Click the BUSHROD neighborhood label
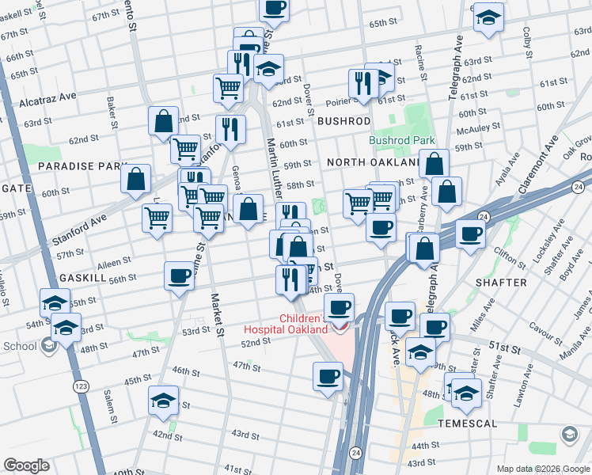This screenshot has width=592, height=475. point(343,121)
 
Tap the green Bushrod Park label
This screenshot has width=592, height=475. point(401,140)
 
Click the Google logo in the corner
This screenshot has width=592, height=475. point(26,465)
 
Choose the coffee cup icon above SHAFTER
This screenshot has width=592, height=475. point(471,234)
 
